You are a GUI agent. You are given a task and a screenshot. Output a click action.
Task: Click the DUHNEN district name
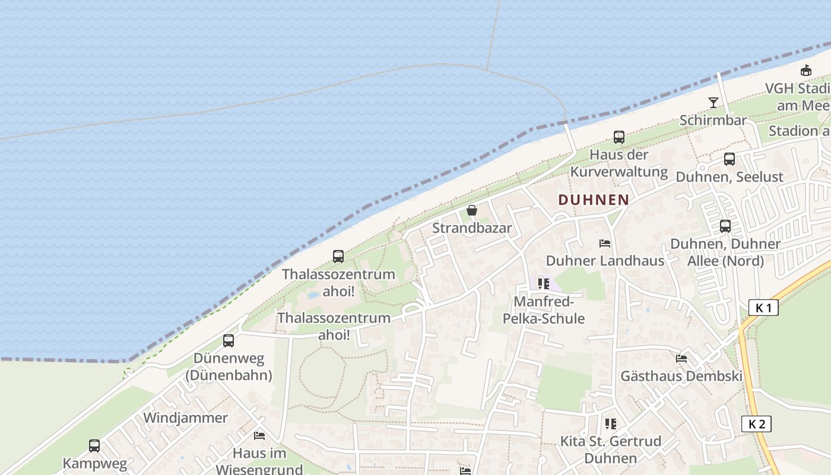coord(593,199)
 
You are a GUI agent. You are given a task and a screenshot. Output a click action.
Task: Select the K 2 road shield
coord(756,423)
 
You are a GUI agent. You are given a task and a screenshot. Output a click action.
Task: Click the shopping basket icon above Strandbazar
coord(472,210)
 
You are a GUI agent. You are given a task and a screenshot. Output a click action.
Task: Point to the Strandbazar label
coord(472,228)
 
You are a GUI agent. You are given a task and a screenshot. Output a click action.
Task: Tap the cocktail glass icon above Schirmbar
coord(713,103)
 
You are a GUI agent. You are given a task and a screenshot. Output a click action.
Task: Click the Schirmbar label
coord(713,120)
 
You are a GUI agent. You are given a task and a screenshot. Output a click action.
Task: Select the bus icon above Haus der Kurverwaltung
coord(619,137)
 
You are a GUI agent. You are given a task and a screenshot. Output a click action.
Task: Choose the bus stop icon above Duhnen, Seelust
coord(729,159)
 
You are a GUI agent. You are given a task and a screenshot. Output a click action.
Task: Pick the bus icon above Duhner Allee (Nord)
coord(725,226)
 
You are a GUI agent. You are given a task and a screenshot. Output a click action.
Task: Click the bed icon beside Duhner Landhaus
coord(605,243)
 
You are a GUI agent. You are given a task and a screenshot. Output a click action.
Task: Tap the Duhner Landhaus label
coord(605,261)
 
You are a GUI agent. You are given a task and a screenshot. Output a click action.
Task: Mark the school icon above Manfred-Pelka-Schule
coord(544,284)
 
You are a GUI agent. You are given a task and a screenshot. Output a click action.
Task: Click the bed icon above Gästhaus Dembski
coord(681,359)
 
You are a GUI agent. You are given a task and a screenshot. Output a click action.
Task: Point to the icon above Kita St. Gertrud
coord(611,424)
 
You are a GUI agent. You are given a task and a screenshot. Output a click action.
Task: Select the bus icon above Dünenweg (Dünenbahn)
coord(229,341)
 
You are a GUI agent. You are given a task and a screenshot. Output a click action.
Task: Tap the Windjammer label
coord(185,417)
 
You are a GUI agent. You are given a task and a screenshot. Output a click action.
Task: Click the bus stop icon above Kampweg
coord(94,446)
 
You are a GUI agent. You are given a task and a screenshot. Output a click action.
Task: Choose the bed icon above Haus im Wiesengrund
coord(259,436)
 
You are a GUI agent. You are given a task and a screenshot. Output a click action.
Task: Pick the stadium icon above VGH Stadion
coord(805,71)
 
